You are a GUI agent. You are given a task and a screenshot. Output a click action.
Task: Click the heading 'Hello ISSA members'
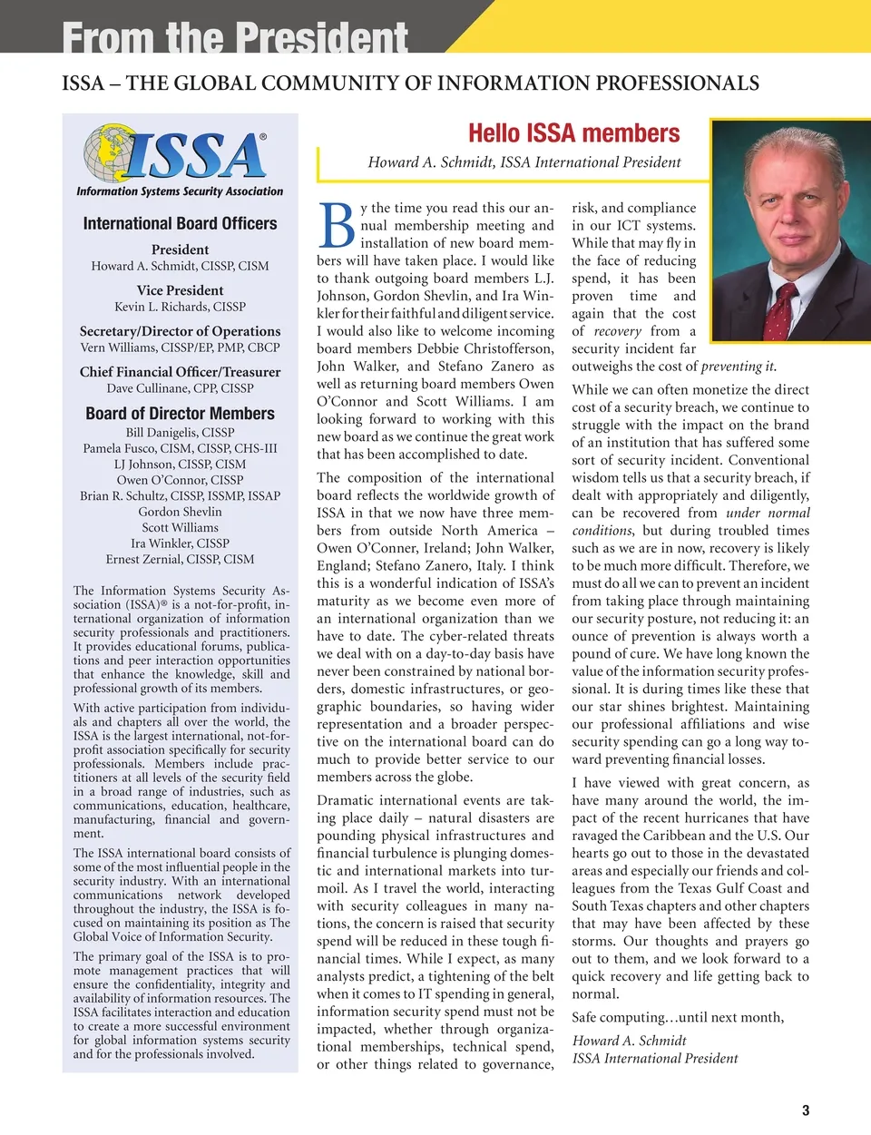573,133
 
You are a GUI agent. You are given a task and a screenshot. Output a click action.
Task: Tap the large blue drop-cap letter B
337,225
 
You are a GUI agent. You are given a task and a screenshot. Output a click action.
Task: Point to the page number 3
806,1110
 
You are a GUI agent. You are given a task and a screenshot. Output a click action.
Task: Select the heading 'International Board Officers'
180,223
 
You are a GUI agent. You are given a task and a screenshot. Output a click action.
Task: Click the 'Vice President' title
180,290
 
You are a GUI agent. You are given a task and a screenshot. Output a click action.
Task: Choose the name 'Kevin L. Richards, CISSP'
180,307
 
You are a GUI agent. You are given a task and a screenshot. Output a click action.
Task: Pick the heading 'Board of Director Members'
180,414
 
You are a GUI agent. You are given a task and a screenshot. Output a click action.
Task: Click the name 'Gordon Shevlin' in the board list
180,512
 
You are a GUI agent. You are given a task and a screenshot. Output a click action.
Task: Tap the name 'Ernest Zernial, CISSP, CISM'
180,559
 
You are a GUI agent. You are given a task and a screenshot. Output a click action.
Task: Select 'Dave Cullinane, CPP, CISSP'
180,388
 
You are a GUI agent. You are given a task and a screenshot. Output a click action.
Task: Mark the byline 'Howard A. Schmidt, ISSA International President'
524,162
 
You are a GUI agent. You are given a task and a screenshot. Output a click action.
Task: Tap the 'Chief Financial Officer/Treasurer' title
180,372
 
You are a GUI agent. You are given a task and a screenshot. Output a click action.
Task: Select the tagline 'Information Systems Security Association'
180,191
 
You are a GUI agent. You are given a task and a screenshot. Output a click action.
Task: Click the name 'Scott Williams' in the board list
180,527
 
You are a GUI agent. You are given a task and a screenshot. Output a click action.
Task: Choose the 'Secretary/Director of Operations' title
180,331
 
